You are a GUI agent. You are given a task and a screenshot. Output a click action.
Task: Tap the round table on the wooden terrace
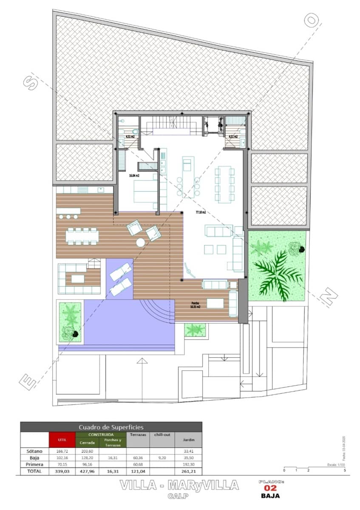coord(140,243)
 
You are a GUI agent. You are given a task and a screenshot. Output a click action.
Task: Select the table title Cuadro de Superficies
coord(111,427)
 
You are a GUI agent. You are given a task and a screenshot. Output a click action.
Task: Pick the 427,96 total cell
coord(87,471)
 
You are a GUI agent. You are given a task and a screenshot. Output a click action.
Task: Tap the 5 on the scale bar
coord(345,470)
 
